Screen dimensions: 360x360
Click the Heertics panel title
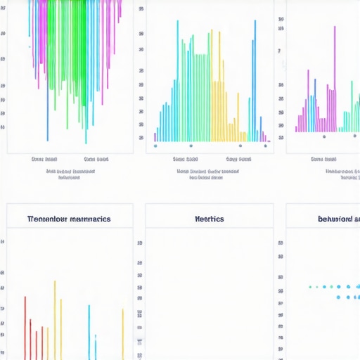tap(209, 219)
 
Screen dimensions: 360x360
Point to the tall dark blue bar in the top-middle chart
tap(255, 77)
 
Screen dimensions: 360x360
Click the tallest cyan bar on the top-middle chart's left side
tap(177, 77)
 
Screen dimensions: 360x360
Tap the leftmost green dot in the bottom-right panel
tap(310, 287)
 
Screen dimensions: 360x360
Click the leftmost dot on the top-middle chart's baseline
tap(155, 146)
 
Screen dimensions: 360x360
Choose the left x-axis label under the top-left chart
tap(46, 160)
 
